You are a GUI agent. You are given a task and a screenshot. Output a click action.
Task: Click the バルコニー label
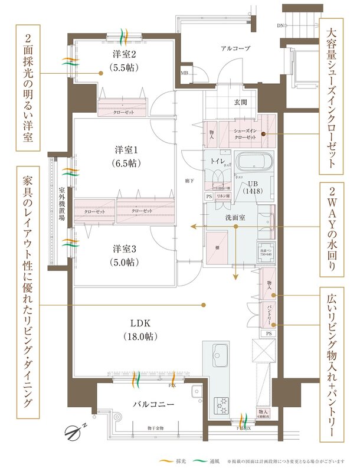point(152,405)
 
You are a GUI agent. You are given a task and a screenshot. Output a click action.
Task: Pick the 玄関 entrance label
point(240,102)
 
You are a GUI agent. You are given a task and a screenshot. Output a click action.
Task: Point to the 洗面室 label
point(234,217)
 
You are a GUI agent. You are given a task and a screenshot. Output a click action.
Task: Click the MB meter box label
point(184,73)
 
